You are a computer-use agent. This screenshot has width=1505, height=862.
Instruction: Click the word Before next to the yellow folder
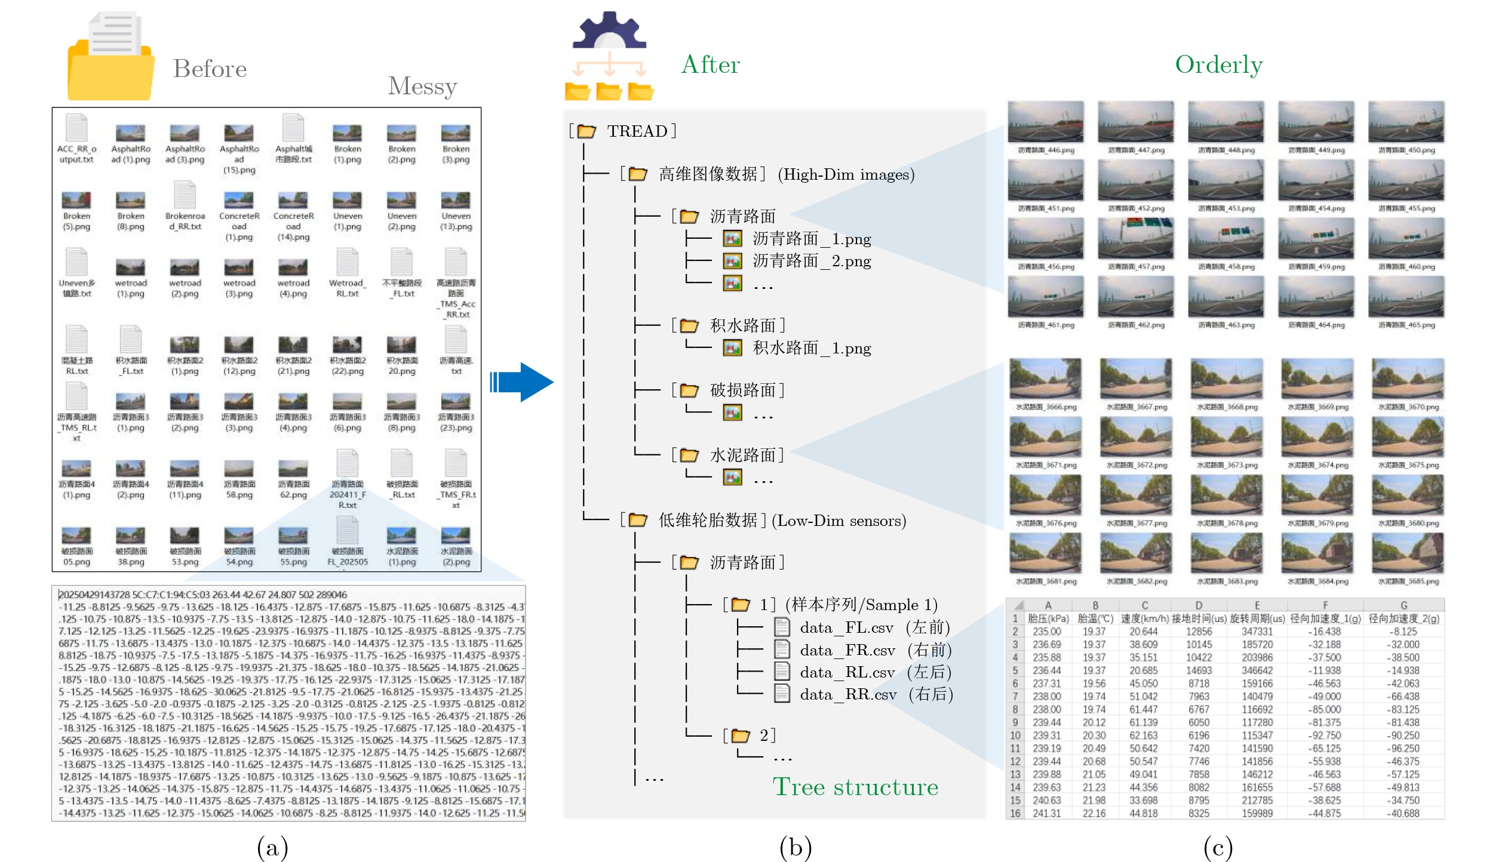click(210, 69)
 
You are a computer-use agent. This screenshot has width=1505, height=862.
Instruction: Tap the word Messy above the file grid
click(422, 87)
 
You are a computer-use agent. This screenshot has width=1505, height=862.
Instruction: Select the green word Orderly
click(1218, 65)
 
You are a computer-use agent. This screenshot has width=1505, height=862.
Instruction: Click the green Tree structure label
click(855, 787)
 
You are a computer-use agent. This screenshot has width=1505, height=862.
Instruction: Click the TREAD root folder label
click(637, 131)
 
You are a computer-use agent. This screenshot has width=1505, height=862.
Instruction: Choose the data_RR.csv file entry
click(847, 694)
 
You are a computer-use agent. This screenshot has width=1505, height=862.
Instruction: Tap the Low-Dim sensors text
click(838, 521)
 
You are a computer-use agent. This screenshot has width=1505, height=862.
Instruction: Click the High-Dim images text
click(846, 175)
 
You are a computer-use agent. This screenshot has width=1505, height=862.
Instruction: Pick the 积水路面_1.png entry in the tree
click(811, 348)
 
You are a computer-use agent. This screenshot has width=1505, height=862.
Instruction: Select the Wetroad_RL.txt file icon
click(347, 263)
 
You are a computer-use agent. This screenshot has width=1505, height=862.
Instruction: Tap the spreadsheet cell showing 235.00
click(1046, 632)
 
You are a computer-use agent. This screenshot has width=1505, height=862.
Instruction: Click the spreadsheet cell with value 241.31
click(1046, 813)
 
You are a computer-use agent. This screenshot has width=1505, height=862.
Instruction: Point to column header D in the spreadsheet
click(1199, 605)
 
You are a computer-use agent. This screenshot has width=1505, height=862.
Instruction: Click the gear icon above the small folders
click(609, 31)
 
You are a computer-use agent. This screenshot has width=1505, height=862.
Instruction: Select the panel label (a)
click(272, 848)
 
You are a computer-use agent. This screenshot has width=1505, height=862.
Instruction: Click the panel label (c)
click(1218, 848)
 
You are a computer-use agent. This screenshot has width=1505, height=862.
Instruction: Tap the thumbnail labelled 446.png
click(1045, 122)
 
